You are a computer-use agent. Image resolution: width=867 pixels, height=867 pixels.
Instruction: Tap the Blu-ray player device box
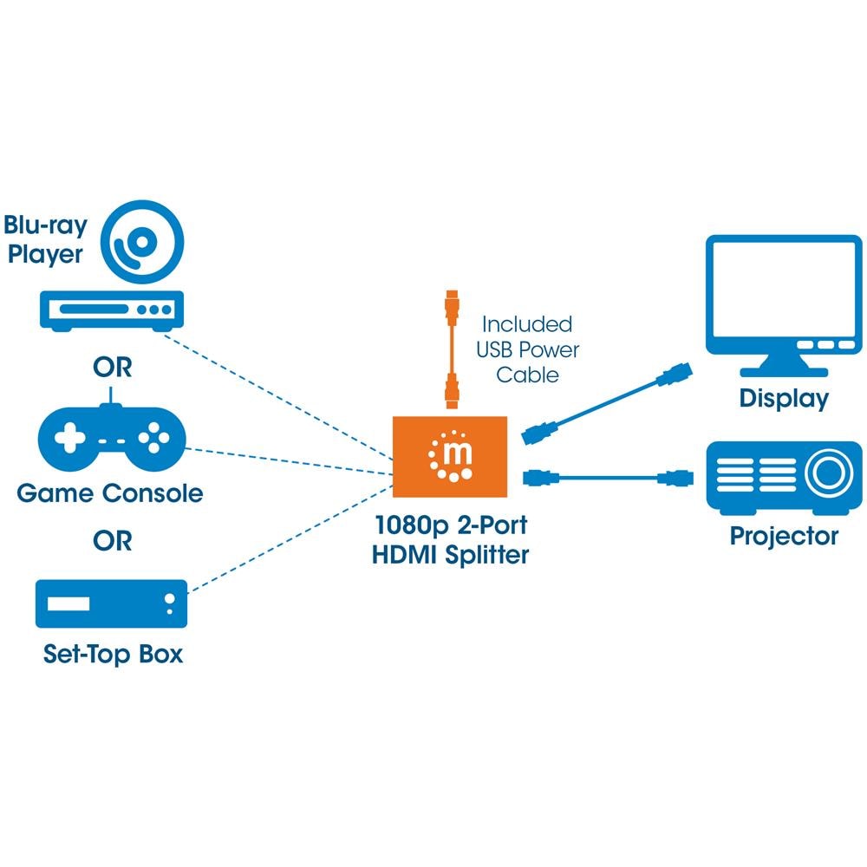coord(113,310)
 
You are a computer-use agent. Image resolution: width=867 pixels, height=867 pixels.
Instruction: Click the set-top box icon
coord(111,603)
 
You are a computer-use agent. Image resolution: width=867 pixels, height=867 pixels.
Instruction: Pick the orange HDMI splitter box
coord(450,456)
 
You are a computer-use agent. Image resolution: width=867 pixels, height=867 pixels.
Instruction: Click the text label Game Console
coord(110,494)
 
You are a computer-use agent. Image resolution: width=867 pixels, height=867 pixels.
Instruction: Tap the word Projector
coord(784,536)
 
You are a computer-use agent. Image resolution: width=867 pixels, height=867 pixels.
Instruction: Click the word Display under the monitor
coord(784,399)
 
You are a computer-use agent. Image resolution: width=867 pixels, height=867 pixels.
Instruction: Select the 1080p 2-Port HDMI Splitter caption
coord(450,539)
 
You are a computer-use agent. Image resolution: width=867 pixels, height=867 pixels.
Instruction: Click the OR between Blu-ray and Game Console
coord(113,367)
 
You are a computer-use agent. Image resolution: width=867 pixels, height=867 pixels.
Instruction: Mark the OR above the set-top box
coord(113,541)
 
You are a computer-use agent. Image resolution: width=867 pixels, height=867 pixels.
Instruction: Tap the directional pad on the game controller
coord(68,438)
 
